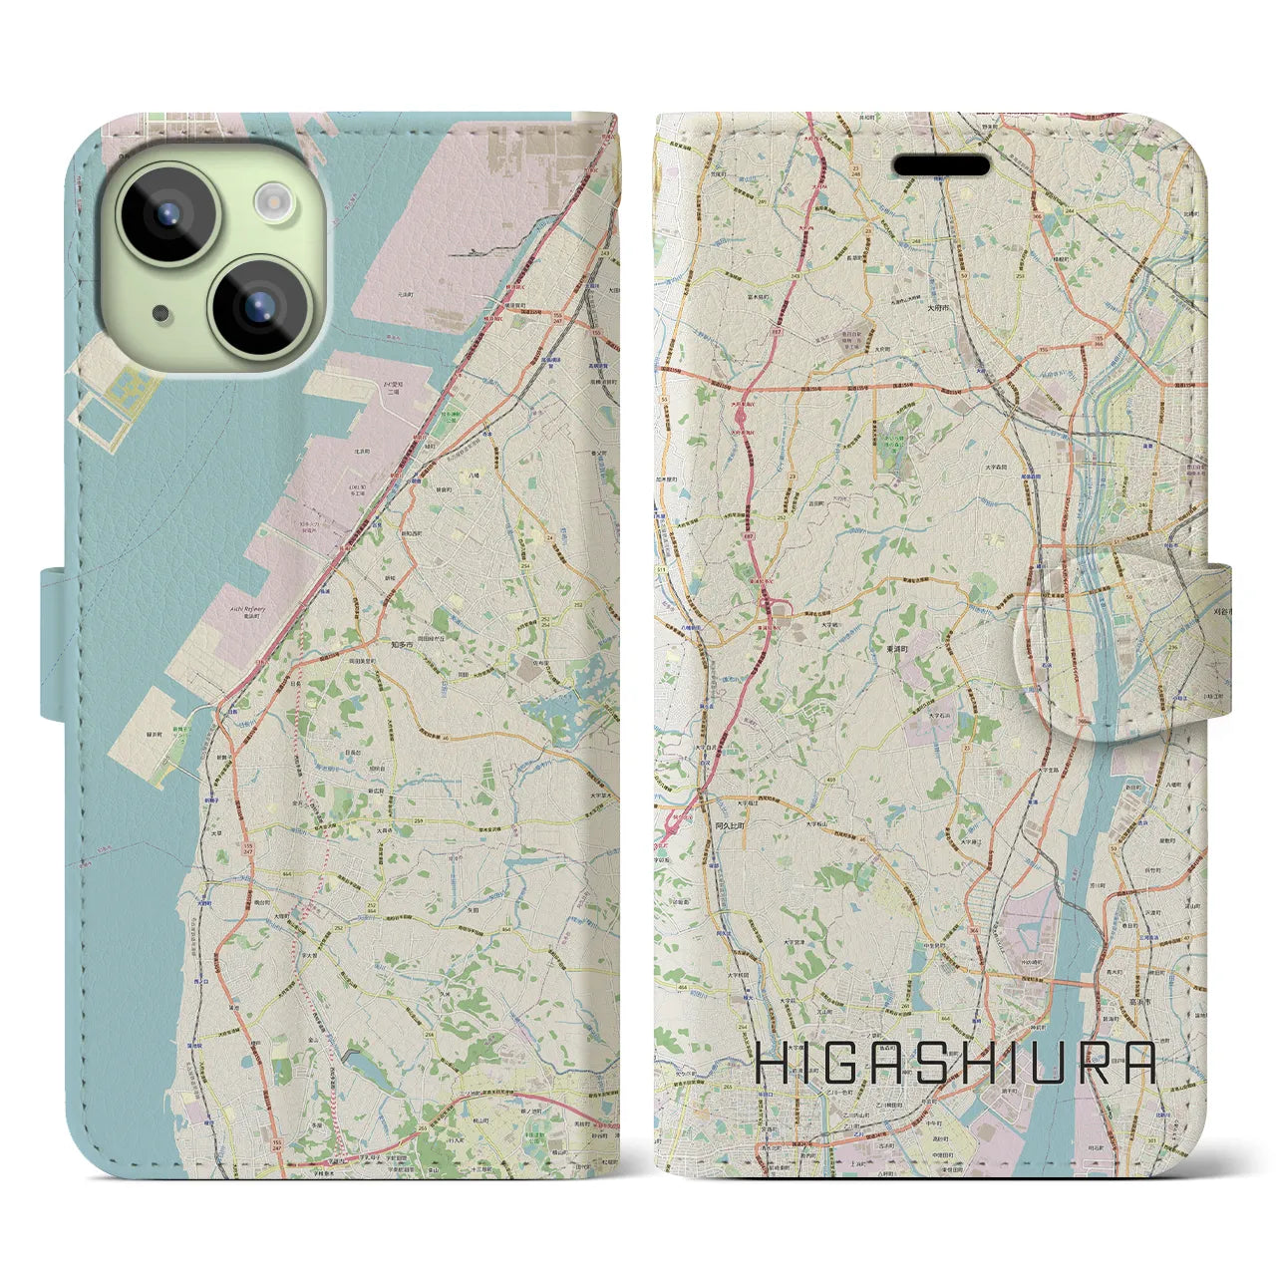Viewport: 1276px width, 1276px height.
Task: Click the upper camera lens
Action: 167,213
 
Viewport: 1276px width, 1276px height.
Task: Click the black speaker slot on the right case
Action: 941,164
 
